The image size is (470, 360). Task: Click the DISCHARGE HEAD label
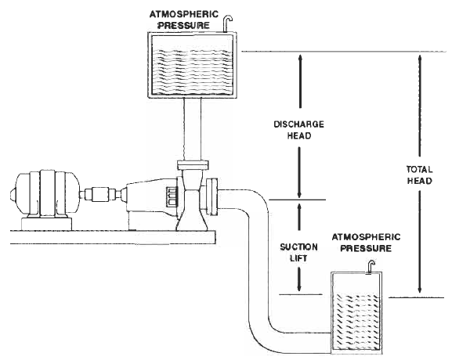click(x=298, y=129)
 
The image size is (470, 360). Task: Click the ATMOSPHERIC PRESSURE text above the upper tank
click(x=185, y=20)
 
